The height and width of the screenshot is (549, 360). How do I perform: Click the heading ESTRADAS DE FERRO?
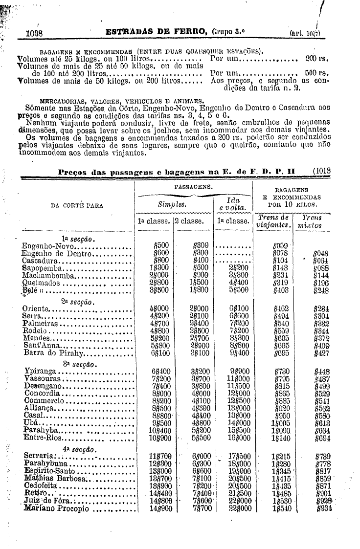click(157, 33)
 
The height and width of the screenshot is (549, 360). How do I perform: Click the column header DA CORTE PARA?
click(77, 205)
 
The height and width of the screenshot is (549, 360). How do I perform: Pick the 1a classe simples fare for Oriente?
click(159, 309)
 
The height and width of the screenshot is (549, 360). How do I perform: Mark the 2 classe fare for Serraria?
click(202, 456)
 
